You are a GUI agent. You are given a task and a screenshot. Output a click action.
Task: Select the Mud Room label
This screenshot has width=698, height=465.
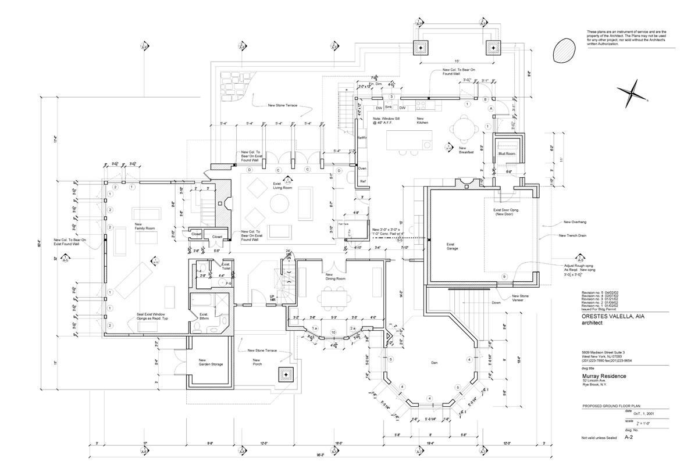(x=507, y=154)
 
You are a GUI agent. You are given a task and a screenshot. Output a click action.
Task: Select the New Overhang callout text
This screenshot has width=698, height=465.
(x=574, y=222)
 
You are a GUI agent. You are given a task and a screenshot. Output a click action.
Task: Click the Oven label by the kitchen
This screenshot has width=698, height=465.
(x=362, y=168)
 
